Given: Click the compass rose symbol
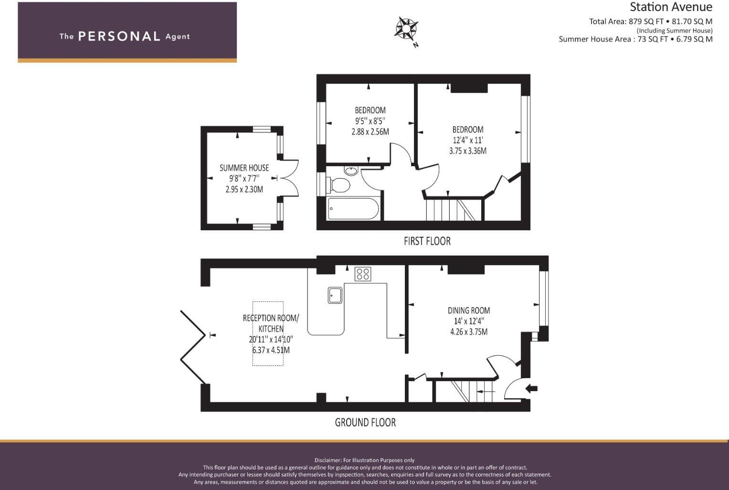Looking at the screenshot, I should pyautogui.click(x=406, y=29).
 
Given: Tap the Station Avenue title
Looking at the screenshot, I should pyautogui.click(x=670, y=7).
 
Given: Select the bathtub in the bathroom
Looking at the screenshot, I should pyautogui.click(x=353, y=209).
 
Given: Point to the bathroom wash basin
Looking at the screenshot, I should pyautogui.click(x=351, y=170).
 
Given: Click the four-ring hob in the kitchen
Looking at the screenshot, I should pyautogui.click(x=363, y=274).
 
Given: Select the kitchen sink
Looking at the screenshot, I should pyautogui.click(x=335, y=295).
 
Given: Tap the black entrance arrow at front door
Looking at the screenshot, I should pyautogui.click(x=531, y=389).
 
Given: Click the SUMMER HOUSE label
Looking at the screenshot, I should pyautogui.click(x=244, y=168).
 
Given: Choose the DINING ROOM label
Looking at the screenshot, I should pyautogui.click(x=468, y=310).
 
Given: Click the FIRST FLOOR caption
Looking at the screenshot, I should pyautogui.click(x=427, y=241).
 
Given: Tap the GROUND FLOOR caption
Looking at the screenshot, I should pyautogui.click(x=365, y=423).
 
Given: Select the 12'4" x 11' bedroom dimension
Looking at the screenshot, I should pyautogui.click(x=467, y=140).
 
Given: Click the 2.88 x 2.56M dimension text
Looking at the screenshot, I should pyautogui.click(x=370, y=132).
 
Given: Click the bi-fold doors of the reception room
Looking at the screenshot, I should pyautogui.click(x=193, y=347).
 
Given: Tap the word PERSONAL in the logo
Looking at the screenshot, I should pyautogui.click(x=119, y=37).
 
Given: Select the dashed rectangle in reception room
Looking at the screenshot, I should pyautogui.click(x=268, y=333).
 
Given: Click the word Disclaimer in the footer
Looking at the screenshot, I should pyautogui.click(x=328, y=460).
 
